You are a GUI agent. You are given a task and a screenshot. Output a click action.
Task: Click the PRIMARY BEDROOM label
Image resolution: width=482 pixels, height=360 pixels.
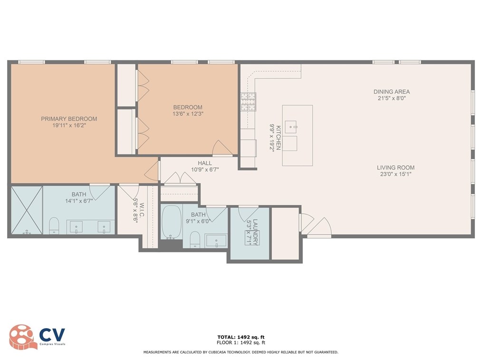(x=69, y=119)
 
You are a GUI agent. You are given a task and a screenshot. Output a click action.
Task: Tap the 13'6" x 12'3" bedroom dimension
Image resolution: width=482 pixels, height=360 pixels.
(x=188, y=114)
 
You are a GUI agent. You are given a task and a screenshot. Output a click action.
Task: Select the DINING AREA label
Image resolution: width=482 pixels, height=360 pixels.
(x=392, y=92)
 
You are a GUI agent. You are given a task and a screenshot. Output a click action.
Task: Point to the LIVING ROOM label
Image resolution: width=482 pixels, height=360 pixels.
(x=395, y=167)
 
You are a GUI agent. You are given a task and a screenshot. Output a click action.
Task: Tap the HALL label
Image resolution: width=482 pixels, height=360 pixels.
(x=205, y=163)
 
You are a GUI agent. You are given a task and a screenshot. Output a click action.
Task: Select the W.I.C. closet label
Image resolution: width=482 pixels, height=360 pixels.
(x=142, y=210)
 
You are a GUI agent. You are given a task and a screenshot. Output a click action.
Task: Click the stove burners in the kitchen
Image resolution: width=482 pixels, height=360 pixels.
(x=248, y=102)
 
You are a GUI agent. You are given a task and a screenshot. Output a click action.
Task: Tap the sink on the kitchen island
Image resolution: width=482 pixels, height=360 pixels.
(x=291, y=127)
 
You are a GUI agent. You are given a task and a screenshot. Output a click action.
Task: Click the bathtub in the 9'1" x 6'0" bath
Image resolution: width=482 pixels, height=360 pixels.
(x=171, y=222)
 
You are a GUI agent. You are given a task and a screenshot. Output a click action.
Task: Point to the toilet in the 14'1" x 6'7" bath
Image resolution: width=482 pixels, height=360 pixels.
(x=54, y=226)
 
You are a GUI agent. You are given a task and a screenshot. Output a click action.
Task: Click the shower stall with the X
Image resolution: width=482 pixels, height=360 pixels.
(x=27, y=210)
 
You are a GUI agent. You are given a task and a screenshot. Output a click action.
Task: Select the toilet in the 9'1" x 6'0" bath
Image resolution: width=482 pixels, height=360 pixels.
(x=194, y=239)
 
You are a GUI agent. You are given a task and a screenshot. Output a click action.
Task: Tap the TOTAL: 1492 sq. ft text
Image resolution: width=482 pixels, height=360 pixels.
(x=241, y=337)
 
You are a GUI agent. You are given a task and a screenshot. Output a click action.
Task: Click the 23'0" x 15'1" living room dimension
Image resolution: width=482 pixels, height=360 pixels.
(x=395, y=174)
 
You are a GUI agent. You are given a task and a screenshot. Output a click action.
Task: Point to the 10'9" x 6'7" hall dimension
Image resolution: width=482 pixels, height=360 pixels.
(x=205, y=170)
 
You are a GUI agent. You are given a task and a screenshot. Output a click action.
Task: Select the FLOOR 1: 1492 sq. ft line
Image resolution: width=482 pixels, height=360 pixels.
(x=241, y=342)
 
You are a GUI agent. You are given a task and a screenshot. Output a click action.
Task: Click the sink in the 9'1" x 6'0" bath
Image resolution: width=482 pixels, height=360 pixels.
(x=216, y=240)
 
